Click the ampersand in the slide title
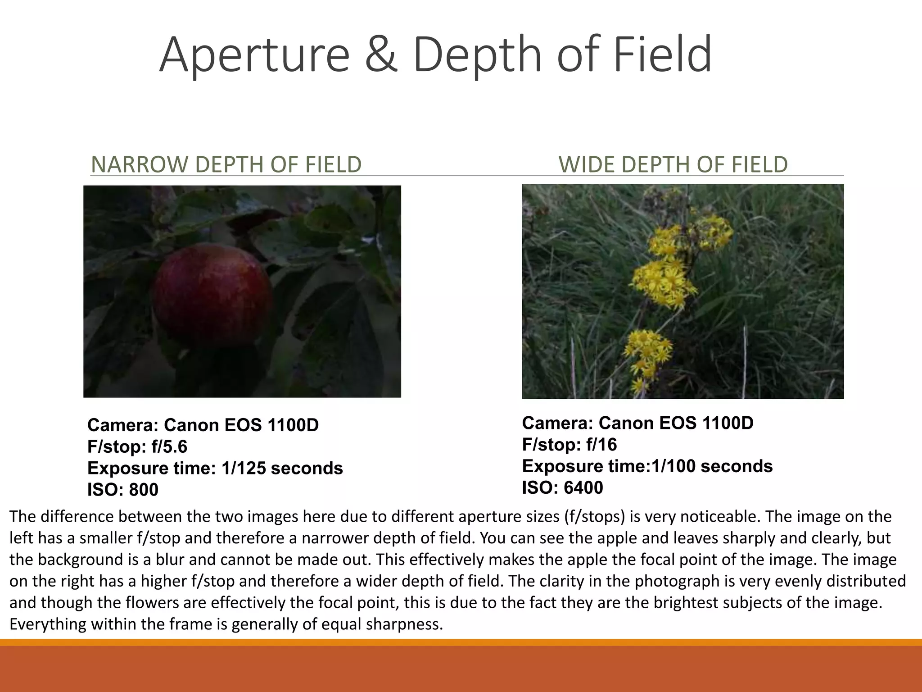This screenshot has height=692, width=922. point(381,55)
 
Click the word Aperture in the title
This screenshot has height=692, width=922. point(254,55)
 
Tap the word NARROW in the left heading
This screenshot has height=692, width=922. point(140,164)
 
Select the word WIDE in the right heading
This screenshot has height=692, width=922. point(587,164)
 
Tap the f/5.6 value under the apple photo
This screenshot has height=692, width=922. point(169,447)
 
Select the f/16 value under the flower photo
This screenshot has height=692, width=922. point(601,445)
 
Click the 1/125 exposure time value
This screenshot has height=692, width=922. point(243,469)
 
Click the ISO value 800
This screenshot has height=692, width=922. point(144,490)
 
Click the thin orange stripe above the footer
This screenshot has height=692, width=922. point(461,642)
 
